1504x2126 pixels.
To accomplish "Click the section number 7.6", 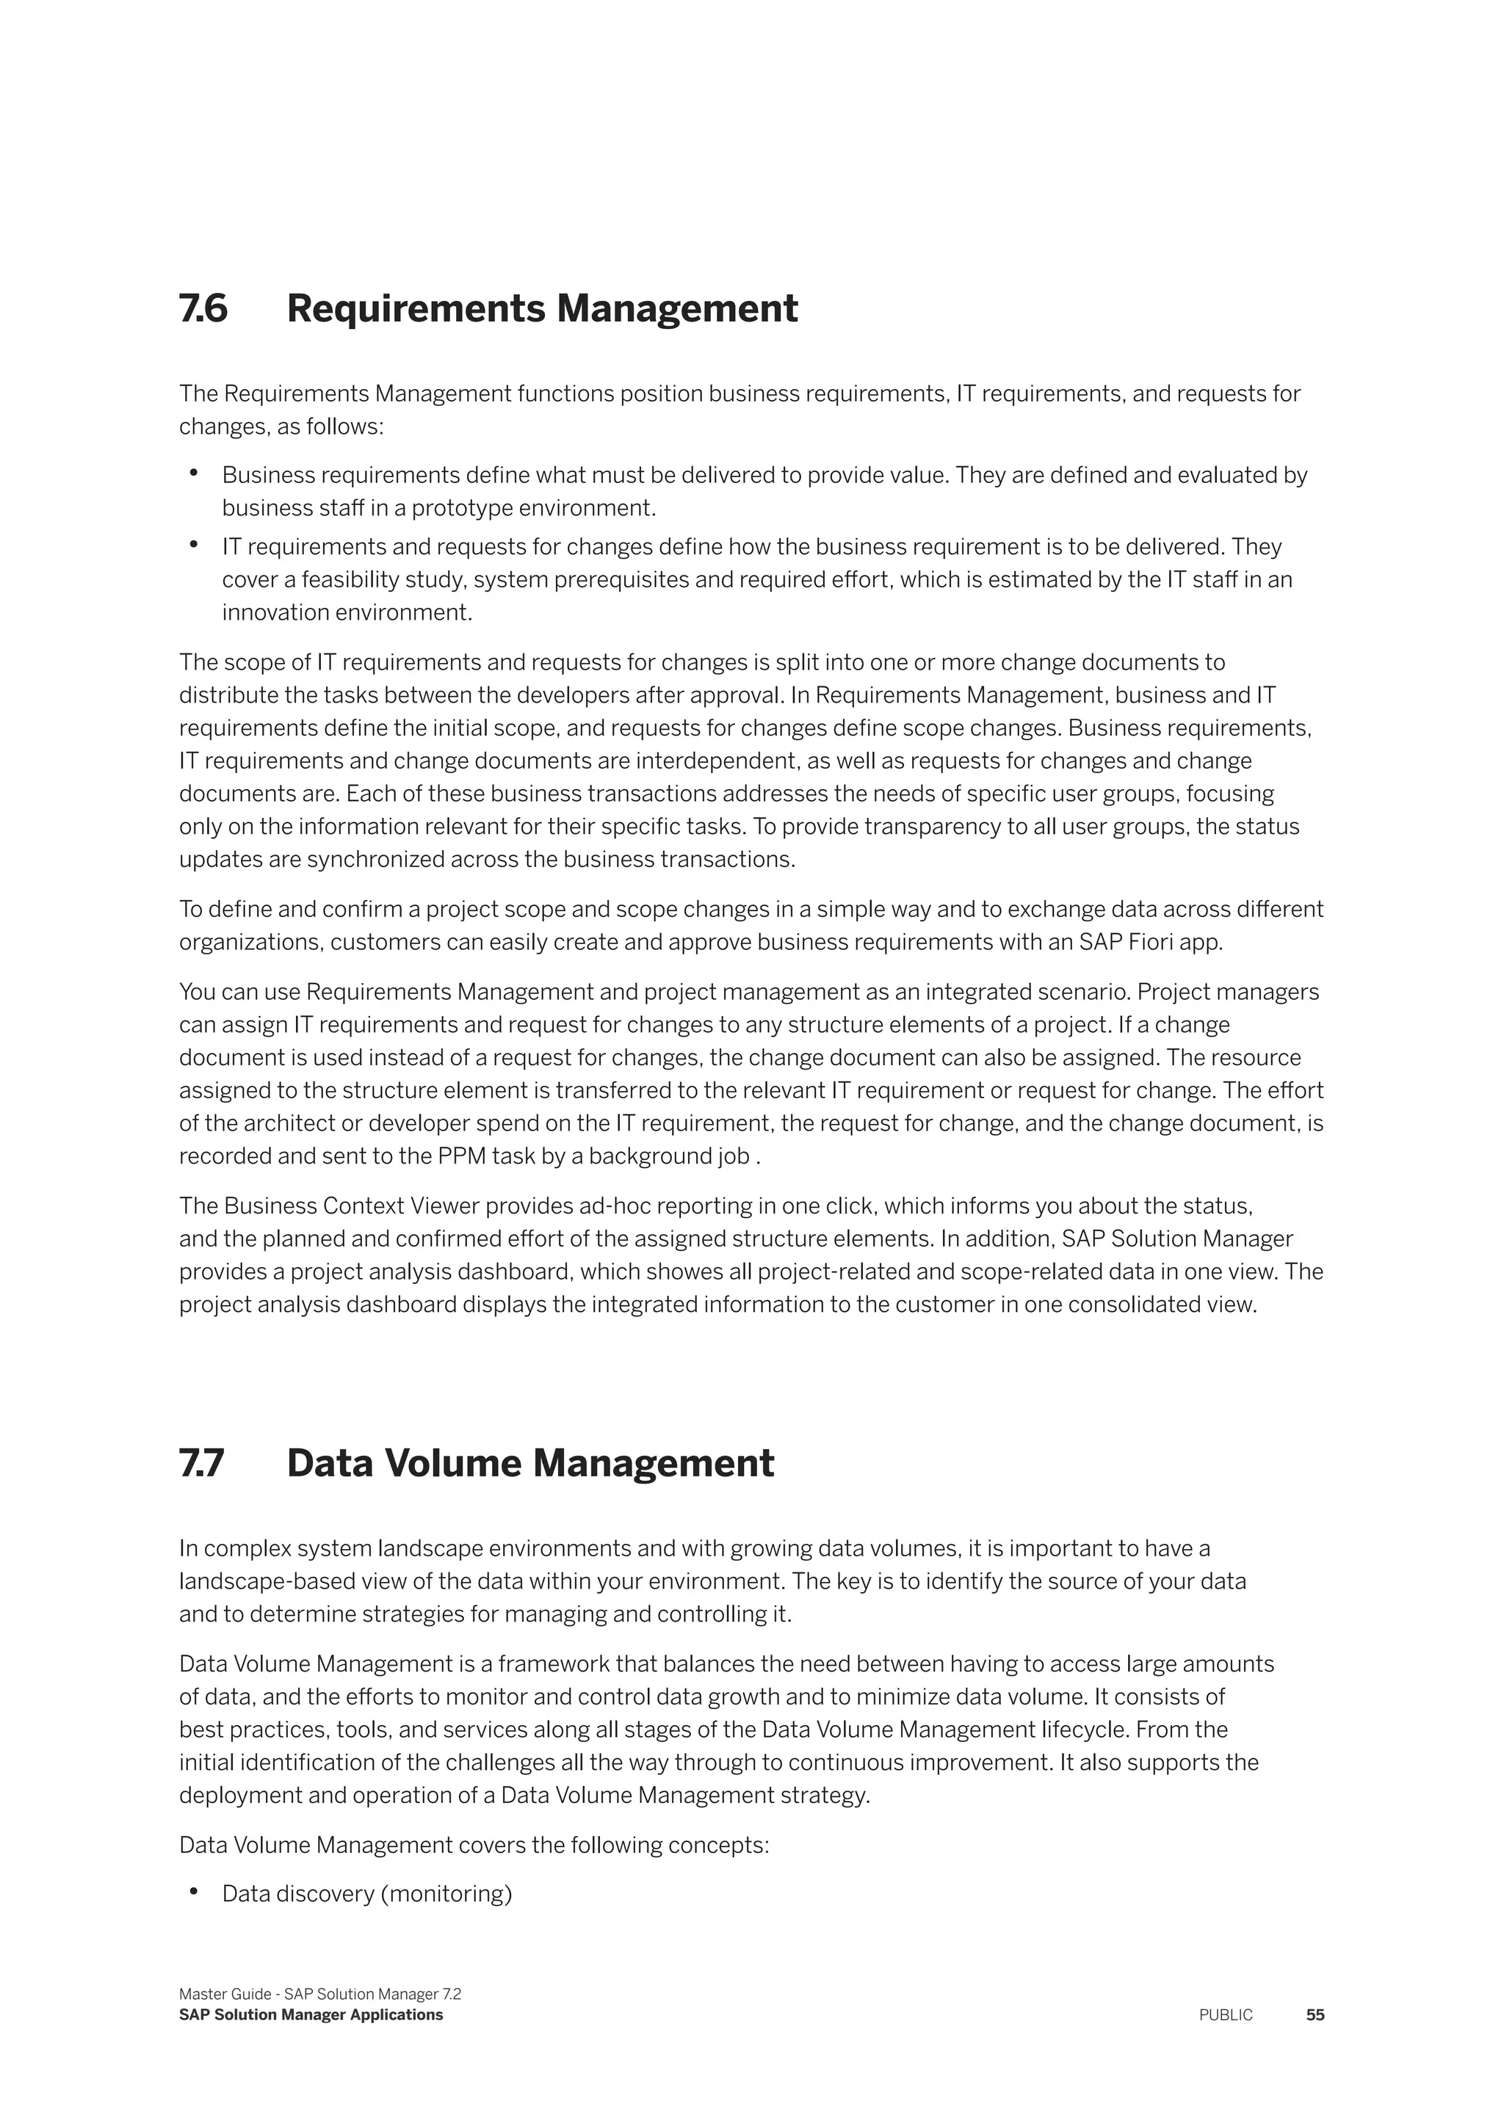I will click(203, 308).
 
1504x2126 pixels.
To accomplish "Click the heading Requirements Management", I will click(542, 308).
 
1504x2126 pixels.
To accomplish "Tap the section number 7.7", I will click(201, 1463).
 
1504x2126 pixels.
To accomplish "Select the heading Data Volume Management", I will click(529, 1463).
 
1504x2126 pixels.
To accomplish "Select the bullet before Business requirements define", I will click(194, 474).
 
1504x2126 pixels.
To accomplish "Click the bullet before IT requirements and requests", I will click(194, 545).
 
